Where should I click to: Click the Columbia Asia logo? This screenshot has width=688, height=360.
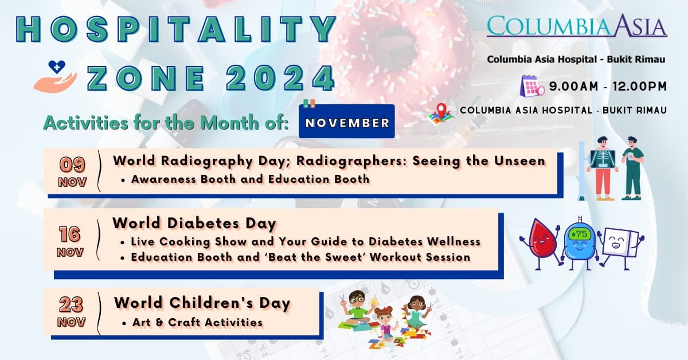click(x=577, y=26)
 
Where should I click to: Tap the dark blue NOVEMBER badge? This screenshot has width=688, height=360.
click(x=347, y=122)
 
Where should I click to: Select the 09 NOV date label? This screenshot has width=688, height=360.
click(x=72, y=171)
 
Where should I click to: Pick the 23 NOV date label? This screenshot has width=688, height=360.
click(x=72, y=311)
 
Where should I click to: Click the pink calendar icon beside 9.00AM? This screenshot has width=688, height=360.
click(x=532, y=87)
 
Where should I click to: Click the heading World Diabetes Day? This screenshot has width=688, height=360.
click(x=194, y=223)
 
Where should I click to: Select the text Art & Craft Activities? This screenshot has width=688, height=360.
click(x=197, y=322)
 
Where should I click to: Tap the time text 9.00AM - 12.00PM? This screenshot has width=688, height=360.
click(x=608, y=87)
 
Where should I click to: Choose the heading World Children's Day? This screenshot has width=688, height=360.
click(x=202, y=302)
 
